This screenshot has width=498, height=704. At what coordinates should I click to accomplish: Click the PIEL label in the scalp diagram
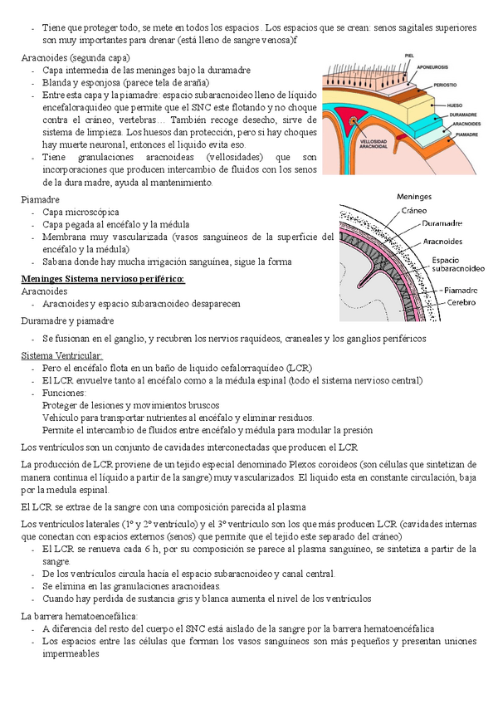pyautogui.click(x=409, y=56)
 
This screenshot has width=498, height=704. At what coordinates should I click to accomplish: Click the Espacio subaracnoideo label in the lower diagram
pyautogui.click(x=457, y=265)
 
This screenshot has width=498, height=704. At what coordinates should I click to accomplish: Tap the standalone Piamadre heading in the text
pyautogui.click(x=40, y=199)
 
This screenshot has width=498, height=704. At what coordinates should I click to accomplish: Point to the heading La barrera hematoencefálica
pyautogui.click(x=81, y=616)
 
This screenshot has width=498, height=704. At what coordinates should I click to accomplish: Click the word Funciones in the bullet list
pyautogui.click(x=65, y=393)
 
